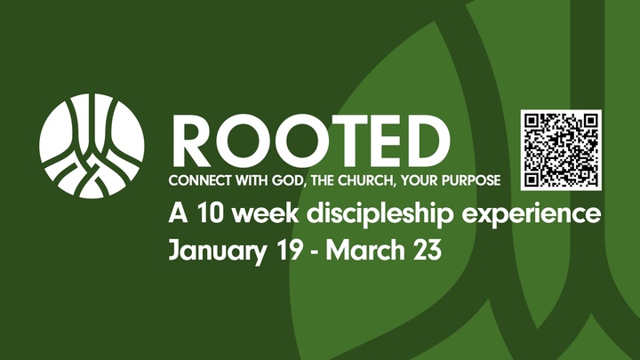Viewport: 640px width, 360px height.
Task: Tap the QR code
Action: click(x=561, y=149)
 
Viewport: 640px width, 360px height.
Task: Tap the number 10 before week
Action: click(x=204, y=214)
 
